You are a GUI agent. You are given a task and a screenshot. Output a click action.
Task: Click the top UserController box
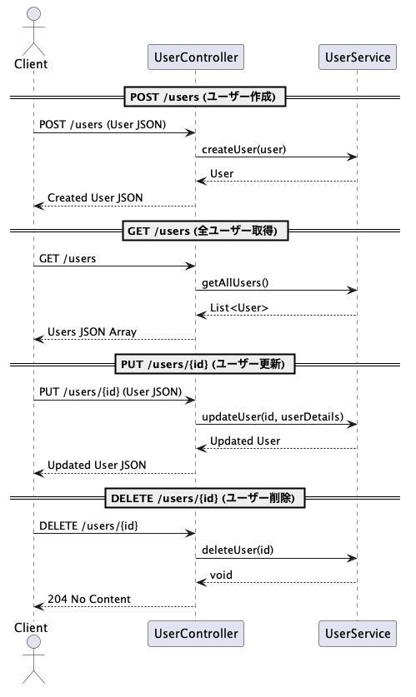196,57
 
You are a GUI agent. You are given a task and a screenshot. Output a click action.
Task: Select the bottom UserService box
358,634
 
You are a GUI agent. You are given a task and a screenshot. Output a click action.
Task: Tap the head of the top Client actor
34,14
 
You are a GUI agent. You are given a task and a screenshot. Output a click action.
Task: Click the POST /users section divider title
204,97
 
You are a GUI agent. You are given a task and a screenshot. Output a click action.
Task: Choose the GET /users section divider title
205,231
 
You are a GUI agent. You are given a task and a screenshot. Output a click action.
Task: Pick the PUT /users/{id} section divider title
204,365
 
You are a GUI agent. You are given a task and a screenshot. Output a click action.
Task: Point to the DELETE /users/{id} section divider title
205,498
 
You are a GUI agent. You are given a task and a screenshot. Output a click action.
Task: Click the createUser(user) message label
243,149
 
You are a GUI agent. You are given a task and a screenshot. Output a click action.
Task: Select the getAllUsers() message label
235,282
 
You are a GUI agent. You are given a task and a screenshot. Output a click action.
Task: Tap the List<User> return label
239,307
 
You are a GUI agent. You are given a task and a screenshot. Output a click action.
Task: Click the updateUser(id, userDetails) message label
273,416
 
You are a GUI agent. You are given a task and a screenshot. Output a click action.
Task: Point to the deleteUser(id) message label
238,550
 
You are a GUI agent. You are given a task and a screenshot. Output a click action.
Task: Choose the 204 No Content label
89,600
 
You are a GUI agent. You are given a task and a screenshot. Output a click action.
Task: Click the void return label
221,575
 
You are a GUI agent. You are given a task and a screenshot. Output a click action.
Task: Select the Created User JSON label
95,198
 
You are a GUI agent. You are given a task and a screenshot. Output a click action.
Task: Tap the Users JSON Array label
92,332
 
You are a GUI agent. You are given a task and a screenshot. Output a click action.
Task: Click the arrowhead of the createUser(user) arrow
353,157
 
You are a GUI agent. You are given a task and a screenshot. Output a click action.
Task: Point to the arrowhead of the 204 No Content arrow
39,607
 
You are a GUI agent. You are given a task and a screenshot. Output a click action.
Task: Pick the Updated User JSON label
97,465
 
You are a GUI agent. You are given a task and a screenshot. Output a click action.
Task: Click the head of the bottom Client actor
34,642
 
